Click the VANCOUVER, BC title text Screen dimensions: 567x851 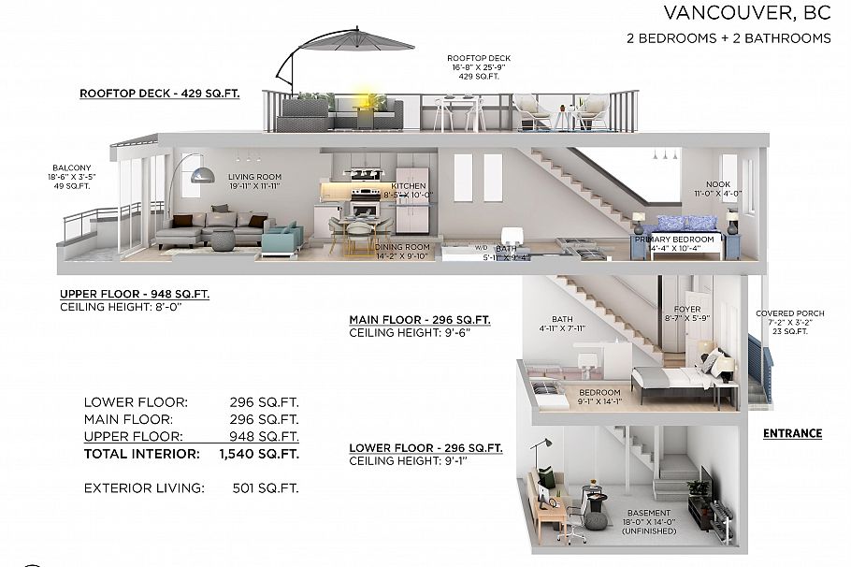coord(747,13)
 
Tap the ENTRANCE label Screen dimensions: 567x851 coord(792,433)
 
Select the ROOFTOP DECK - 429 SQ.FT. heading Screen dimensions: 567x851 coord(167,94)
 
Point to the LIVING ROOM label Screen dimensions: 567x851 coord(255,176)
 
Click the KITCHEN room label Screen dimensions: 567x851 coord(409,186)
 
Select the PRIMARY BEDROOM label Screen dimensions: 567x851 coord(674,240)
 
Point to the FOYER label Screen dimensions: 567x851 coord(687,309)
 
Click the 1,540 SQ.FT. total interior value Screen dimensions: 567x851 coord(264,454)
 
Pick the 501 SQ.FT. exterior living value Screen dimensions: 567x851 coord(266,487)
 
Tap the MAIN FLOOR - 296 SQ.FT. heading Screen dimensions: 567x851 coord(419,320)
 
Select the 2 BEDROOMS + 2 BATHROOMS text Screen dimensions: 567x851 coord(728,38)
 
